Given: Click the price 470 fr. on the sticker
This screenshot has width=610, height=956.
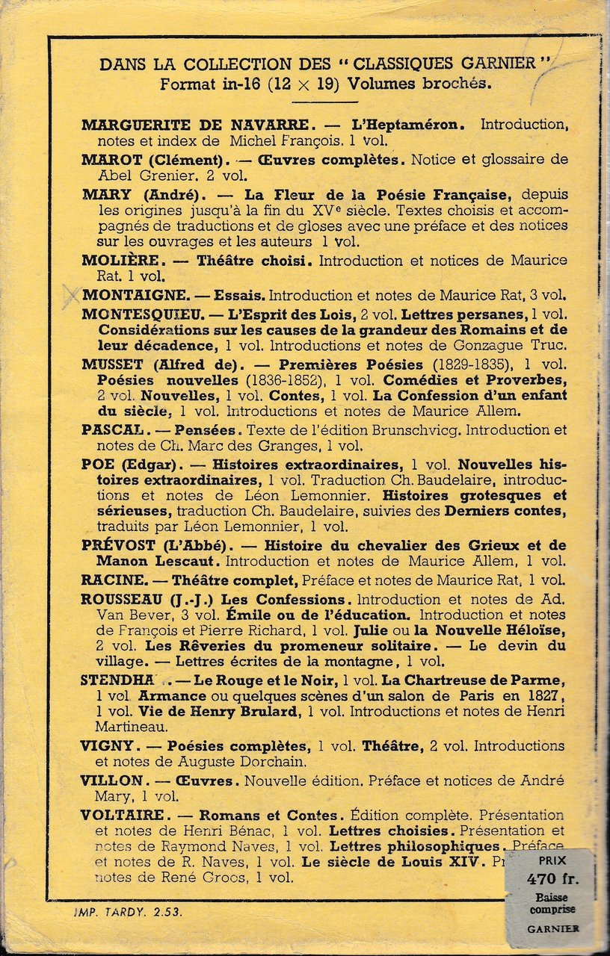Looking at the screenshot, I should click(x=552, y=878).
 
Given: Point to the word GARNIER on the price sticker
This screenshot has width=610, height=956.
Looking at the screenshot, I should click(x=552, y=928).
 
